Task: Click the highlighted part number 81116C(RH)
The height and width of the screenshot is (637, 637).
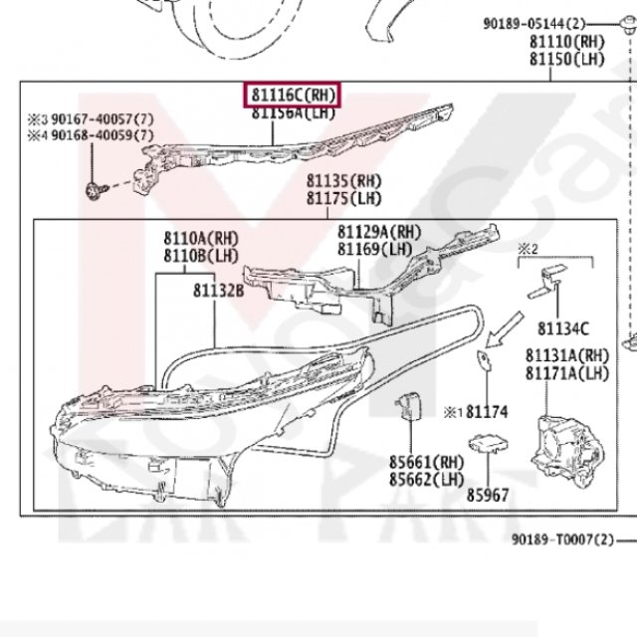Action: pyautogui.click(x=294, y=96)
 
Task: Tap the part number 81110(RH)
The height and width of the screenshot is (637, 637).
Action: pyautogui.click(x=563, y=42)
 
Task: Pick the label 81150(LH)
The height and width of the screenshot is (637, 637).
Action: pyautogui.click(x=563, y=59)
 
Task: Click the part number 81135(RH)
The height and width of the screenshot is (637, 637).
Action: pyautogui.click(x=343, y=181)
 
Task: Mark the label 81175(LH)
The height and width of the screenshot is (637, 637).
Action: pyautogui.click(x=343, y=198)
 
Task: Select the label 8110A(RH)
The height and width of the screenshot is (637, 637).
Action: pyautogui.click(x=201, y=239)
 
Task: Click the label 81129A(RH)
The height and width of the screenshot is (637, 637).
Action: pyautogui.click(x=376, y=232)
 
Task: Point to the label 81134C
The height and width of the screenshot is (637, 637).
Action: pyautogui.click(x=563, y=328)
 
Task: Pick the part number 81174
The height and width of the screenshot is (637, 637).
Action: pyautogui.click(x=487, y=410)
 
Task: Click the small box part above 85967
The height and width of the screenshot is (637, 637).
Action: pyautogui.click(x=486, y=445)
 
